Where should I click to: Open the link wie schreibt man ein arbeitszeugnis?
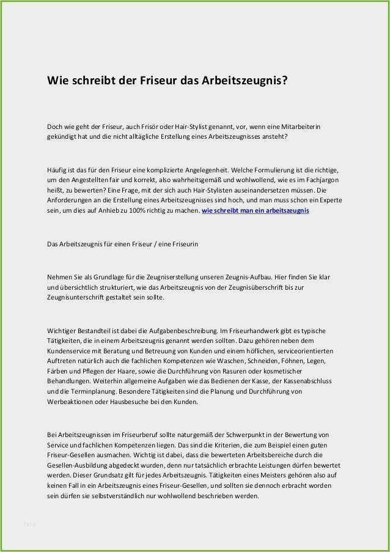(255, 210)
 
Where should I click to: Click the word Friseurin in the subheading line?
(182, 244)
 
